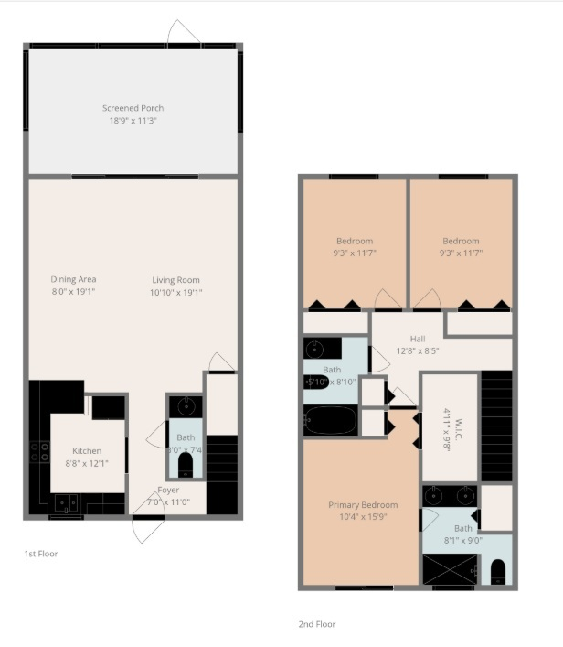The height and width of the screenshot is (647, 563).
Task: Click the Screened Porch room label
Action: coord(133,108)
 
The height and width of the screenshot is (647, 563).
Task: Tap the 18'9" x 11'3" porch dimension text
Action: coord(133,120)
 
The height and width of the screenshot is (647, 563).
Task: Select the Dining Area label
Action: coord(74,279)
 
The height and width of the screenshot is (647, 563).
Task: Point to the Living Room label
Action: coord(175,280)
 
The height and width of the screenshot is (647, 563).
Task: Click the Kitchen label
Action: coord(88,450)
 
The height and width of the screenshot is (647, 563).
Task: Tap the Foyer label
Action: coord(168,490)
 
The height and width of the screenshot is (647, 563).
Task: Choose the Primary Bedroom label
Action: coord(363,505)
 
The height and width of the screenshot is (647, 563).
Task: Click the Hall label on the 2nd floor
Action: coord(418,338)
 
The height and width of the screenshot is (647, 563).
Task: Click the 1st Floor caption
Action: coord(41,554)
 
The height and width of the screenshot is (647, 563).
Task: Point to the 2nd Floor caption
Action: coord(317,624)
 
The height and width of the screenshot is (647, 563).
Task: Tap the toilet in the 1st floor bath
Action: coord(186,465)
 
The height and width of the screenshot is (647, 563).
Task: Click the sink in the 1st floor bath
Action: coord(186,405)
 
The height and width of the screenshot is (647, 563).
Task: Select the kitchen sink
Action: coord(66,501)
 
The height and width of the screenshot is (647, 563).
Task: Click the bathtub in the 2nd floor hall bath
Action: coord(331,421)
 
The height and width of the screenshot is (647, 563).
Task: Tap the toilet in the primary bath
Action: coord(498,573)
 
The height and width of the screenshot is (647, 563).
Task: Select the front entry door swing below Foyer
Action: coord(147,529)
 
